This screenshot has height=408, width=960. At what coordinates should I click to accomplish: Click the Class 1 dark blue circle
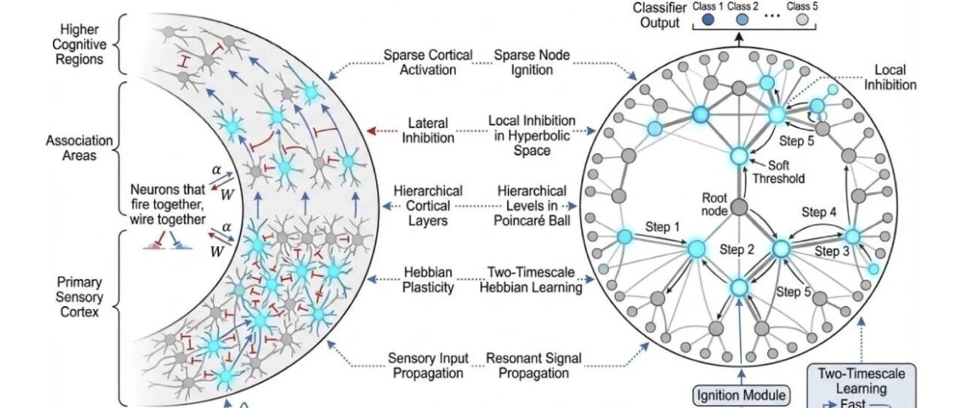tap(708, 19)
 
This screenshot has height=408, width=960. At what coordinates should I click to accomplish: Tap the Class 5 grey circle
tap(802, 19)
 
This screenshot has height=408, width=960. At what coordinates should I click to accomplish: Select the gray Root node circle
tap(739, 208)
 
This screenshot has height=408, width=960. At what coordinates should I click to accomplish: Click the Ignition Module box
tap(742, 395)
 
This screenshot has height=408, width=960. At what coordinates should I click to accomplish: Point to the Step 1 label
tap(662, 226)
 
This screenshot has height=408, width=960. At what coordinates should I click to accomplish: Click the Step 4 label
tap(819, 211)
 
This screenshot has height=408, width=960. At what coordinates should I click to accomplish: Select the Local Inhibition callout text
tap(890, 77)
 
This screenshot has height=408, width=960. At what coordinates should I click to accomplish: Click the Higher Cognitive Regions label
tap(79, 44)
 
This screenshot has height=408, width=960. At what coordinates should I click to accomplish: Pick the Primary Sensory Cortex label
tap(79, 297)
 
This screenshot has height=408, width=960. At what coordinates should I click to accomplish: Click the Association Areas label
tap(79, 148)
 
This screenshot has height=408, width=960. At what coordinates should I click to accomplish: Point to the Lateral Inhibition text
tap(427, 130)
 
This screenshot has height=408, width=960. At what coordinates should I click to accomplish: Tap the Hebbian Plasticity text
tap(427, 280)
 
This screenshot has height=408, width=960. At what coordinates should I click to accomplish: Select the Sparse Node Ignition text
tap(532, 62)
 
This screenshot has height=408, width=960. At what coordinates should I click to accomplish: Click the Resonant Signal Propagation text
tap(533, 365)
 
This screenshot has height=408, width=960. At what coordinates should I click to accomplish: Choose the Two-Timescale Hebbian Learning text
tap(531, 280)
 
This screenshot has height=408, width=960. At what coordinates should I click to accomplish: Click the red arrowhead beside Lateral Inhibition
tap(371, 130)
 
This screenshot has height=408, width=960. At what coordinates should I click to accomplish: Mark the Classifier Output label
tap(660, 15)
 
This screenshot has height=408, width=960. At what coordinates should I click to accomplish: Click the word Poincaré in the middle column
tap(515, 220)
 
